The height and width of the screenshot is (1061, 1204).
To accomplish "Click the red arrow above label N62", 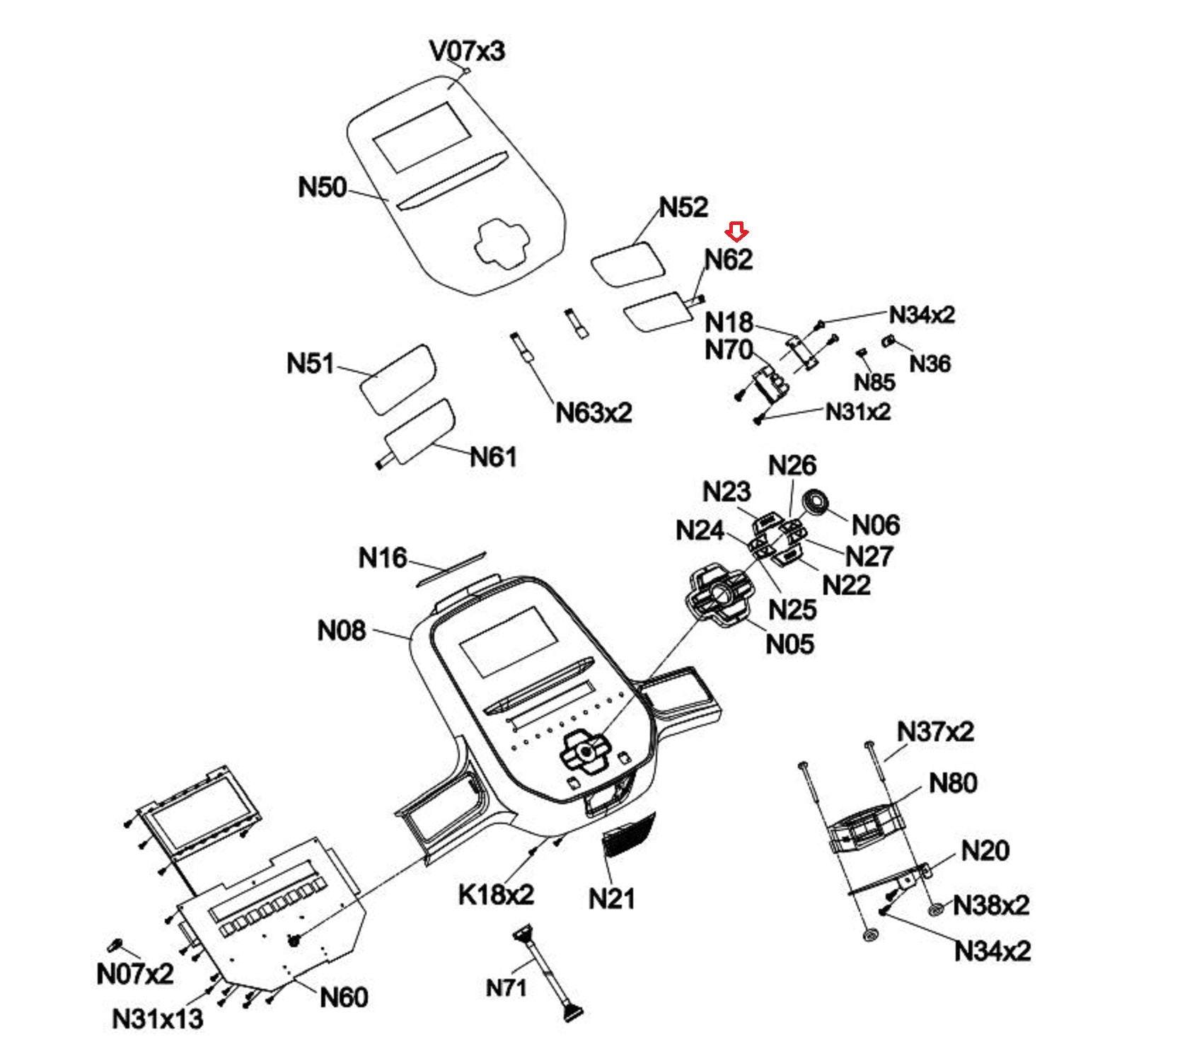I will pyautogui.click(x=736, y=231).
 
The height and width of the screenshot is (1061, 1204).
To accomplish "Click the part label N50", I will pyautogui.click(x=322, y=187).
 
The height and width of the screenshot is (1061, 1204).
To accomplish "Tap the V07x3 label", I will pyautogui.click(x=467, y=51).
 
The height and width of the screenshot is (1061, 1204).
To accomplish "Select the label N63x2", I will pyautogui.click(x=593, y=412).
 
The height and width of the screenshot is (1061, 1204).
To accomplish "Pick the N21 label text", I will pyautogui.click(x=612, y=898).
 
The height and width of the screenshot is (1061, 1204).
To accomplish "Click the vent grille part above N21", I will pyautogui.click(x=628, y=835).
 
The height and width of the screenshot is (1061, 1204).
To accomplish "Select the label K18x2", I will pyautogui.click(x=496, y=895).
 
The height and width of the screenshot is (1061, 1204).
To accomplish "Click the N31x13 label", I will pyautogui.click(x=157, y=1019).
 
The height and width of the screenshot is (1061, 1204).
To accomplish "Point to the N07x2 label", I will pyautogui.click(x=134, y=974).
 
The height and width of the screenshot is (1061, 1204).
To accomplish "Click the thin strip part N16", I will pyautogui.click(x=451, y=568).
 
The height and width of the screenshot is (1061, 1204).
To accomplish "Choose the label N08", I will pyautogui.click(x=341, y=630).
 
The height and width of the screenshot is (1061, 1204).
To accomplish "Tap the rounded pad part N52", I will pyautogui.click(x=628, y=263).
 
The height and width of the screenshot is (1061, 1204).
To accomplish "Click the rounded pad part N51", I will pyautogui.click(x=398, y=378).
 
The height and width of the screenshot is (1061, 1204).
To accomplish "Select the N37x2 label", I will pyautogui.click(x=934, y=731).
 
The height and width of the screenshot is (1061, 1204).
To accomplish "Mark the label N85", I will pyautogui.click(x=874, y=383).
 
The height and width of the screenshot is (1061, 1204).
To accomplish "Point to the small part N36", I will pyautogui.click(x=888, y=342).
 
